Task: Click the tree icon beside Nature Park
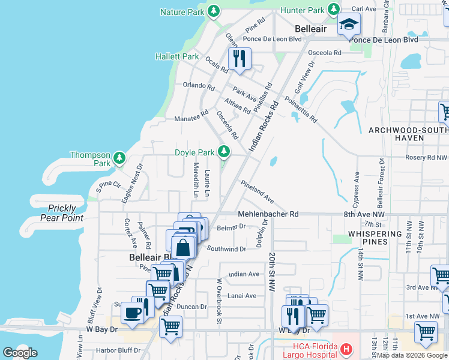[x=213, y=11]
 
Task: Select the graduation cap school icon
[x=348, y=25]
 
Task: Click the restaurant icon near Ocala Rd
[x=240, y=58]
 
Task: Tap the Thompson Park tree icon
[x=119, y=158]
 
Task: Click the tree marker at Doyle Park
[x=224, y=151]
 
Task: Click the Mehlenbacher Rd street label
[x=268, y=214]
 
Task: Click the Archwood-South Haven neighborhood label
[x=408, y=134]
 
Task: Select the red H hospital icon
[x=345, y=349]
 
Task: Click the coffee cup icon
[x=131, y=312]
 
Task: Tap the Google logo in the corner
[x=20, y=352]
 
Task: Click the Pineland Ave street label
[x=257, y=191]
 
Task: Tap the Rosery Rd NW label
[x=427, y=158]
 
